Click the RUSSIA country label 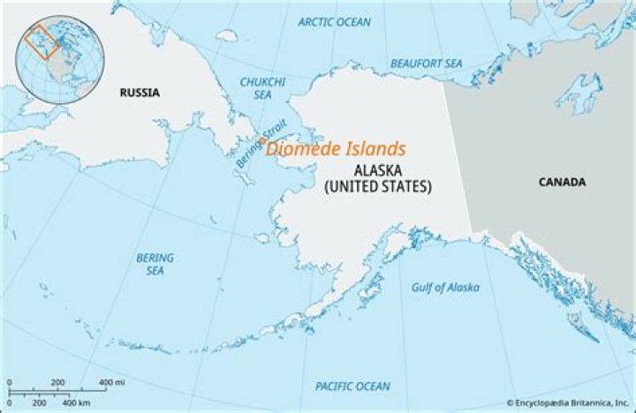140,91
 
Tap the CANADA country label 562,182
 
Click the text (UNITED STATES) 377,187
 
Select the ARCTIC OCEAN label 335,22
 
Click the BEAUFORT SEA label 427,64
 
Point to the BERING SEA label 155,264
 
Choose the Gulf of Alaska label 445,288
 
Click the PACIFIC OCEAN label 352,387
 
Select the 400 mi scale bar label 110,381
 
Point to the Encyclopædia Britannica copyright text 566,402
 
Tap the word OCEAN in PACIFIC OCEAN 373,387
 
